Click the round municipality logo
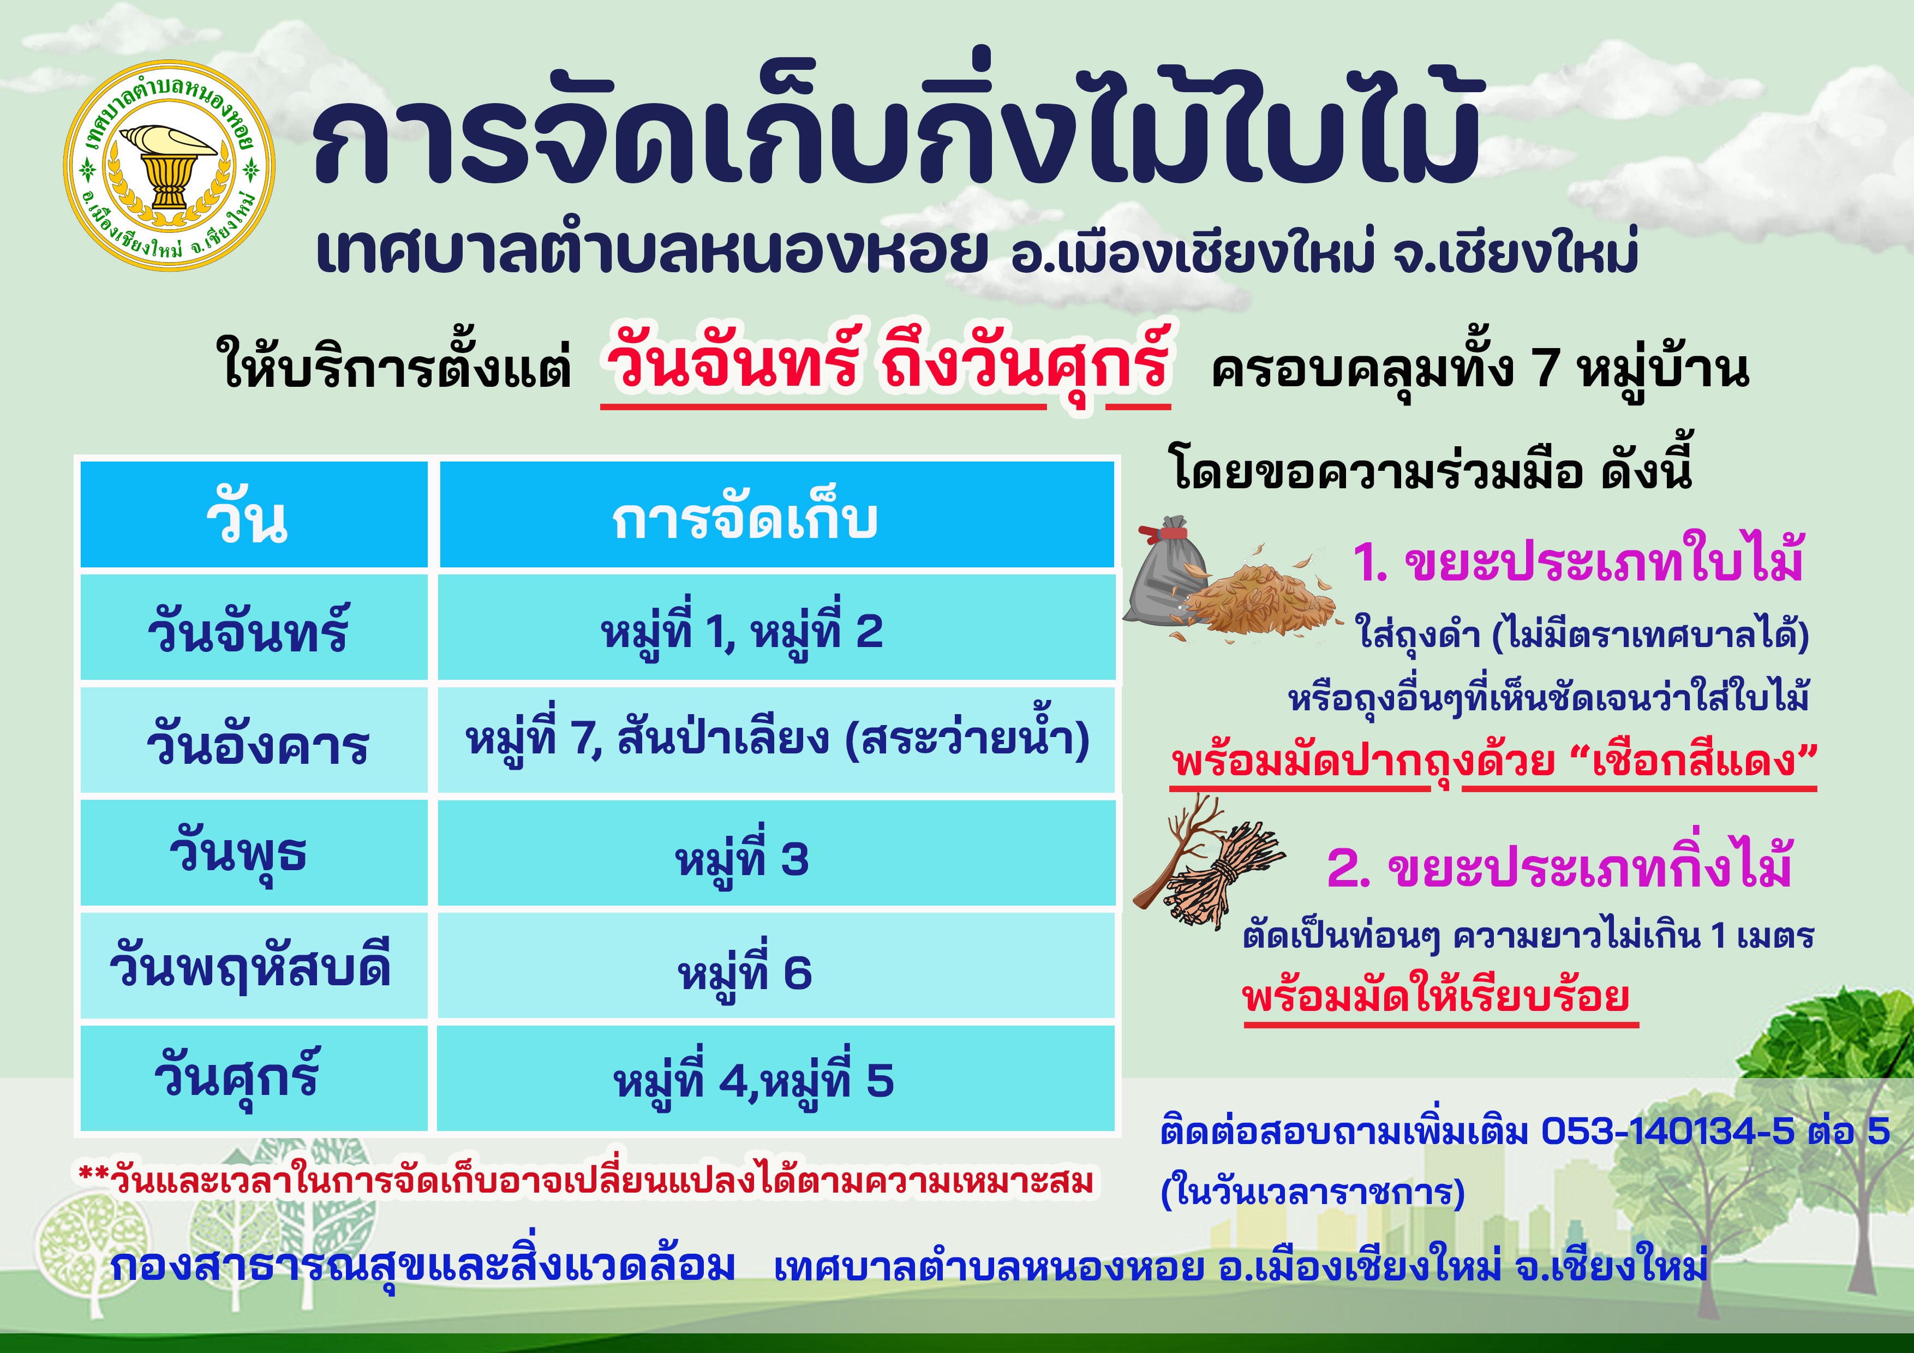(169, 165)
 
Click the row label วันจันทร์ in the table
(248, 630)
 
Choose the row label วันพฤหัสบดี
(250, 967)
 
